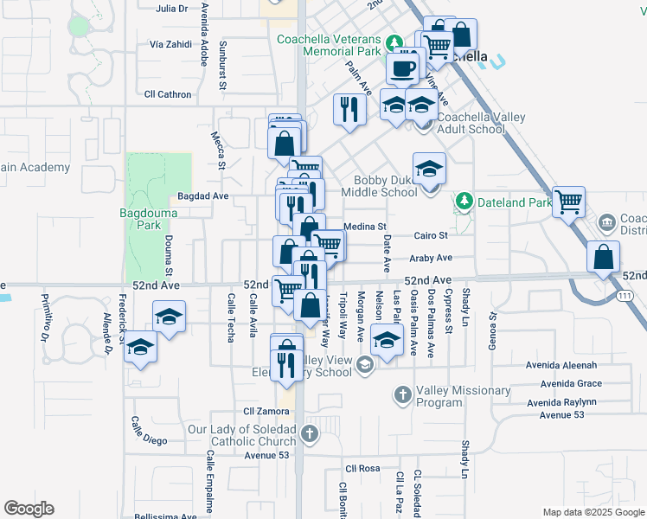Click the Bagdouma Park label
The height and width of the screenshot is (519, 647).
coord(140,219)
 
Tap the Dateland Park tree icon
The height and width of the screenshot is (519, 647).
coord(464,202)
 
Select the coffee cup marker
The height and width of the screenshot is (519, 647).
coord(402,67)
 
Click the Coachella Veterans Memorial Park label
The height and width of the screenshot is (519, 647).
coord(329,45)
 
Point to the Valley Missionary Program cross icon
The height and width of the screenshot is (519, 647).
coord(402,394)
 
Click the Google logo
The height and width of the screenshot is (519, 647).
coord(29,509)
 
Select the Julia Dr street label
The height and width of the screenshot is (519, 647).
coord(171,8)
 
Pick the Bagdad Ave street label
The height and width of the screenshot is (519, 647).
coord(202,196)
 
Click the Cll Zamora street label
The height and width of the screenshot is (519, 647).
coord(266,411)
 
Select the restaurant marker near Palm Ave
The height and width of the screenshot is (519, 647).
coord(349,110)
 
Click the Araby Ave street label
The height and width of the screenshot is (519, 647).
coord(432,258)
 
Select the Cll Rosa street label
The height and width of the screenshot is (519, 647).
coord(362,468)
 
